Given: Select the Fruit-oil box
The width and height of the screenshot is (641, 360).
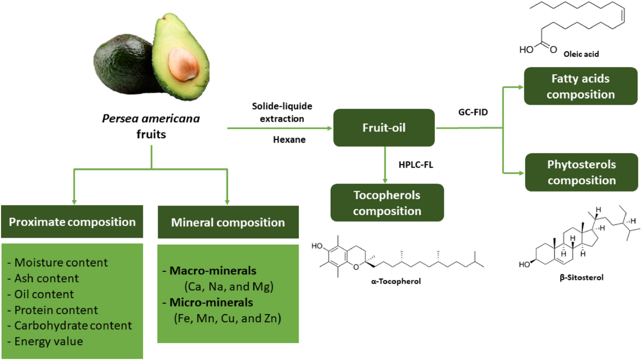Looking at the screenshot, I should tap(384, 128).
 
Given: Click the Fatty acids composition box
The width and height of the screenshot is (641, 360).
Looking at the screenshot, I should tap(580, 87).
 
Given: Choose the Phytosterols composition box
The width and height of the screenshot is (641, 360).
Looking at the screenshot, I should tap(581, 172).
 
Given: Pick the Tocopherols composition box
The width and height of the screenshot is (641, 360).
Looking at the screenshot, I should tap(387, 202).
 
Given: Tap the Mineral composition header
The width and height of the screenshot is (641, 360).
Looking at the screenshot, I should tap(228, 222).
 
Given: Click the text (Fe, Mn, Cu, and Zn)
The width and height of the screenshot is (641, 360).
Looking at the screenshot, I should tap(228, 319).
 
